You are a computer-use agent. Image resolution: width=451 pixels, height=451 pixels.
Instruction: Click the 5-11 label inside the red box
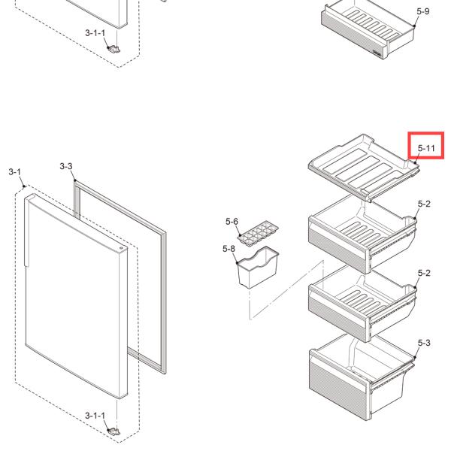[x=426, y=148]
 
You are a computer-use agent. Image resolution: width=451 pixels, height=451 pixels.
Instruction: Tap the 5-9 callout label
[x=423, y=11]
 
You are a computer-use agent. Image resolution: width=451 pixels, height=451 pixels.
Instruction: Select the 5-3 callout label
[x=423, y=342]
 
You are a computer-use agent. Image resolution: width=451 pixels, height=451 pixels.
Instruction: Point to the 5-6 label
[x=232, y=222]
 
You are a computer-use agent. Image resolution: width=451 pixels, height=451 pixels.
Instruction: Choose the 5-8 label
[x=229, y=249]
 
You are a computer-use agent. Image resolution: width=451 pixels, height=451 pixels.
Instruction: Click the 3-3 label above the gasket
[x=65, y=165]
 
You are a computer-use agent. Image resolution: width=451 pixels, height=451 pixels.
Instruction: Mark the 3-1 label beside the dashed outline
[x=15, y=172]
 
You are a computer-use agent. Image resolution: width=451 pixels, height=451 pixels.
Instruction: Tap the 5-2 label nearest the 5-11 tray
[x=423, y=204]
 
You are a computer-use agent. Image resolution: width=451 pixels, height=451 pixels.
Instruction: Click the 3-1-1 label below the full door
[x=95, y=415]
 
